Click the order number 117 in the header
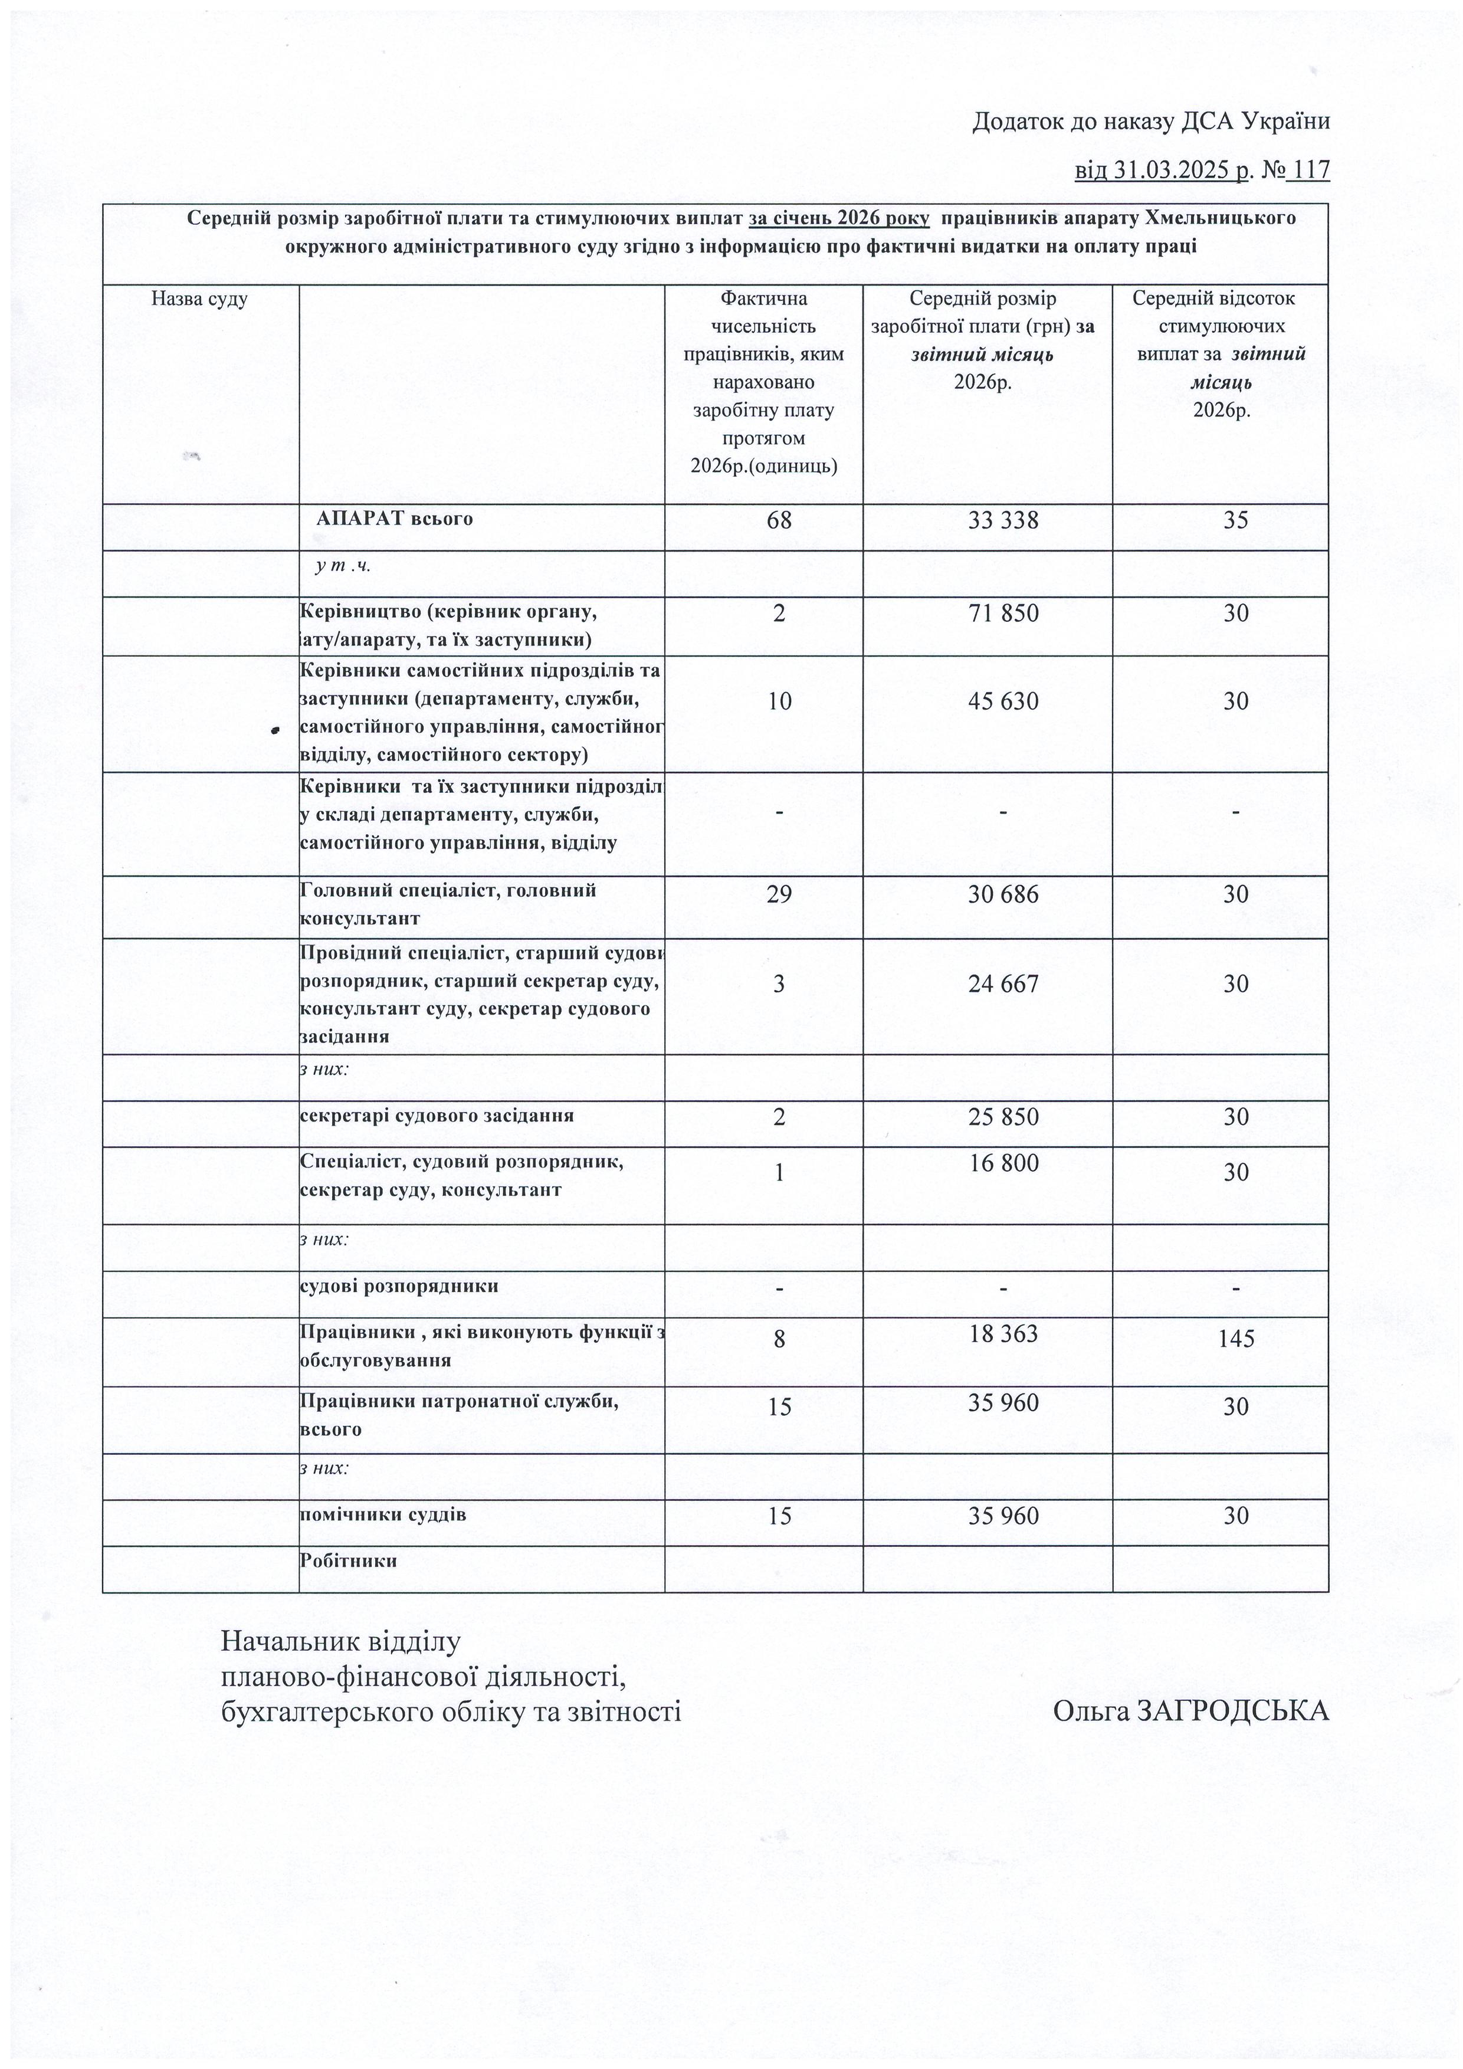pyautogui.click(x=1311, y=169)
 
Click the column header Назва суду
pyautogui.click(x=199, y=299)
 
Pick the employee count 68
pyautogui.click(x=779, y=520)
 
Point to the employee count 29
pyautogui.click(x=779, y=894)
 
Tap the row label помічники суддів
pyautogui.click(x=383, y=1514)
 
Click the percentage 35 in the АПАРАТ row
pyautogui.click(x=1235, y=520)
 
